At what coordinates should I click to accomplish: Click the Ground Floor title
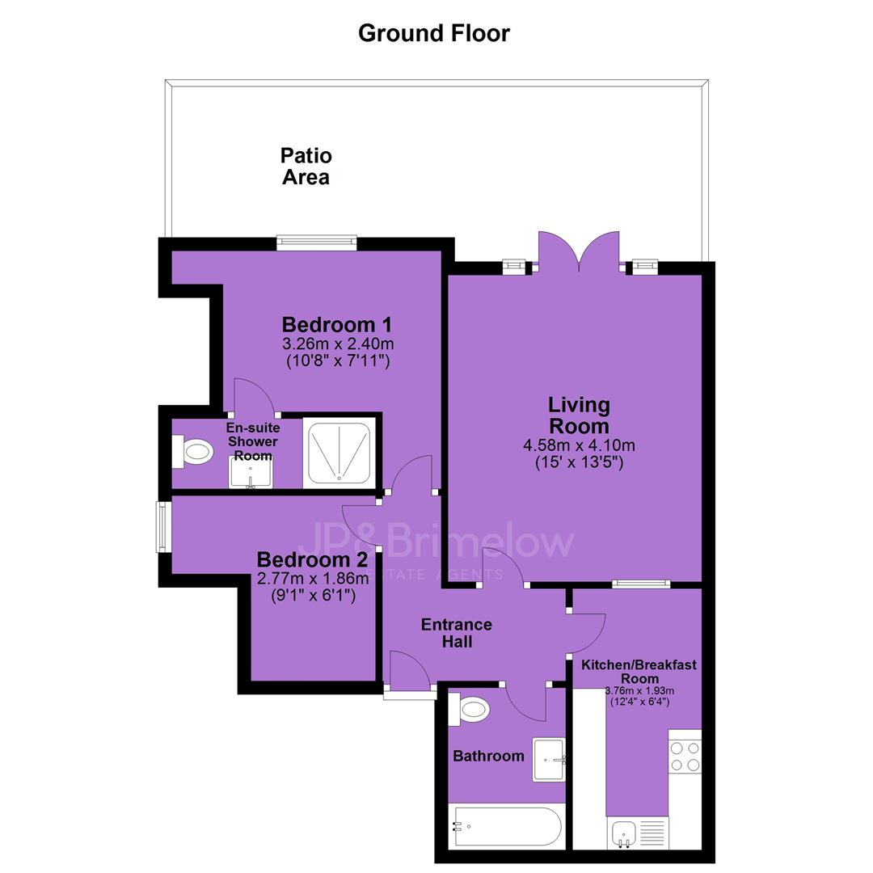pyautogui.click(x=434, y=33)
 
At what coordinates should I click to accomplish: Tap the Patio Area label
pyautogui.click(x=306, y=166)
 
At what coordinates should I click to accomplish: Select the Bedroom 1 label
pyautogui.click(x=337, y=324)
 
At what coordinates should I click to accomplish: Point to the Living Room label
pyautogui.click(x=579, y=415)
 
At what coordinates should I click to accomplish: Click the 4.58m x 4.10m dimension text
pyautogui.click(x=579, y=445)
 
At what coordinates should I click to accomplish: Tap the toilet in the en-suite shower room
pyautogui.click(x=192, y=452)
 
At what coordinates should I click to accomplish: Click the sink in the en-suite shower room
pyautogui.click(x=251, y=473)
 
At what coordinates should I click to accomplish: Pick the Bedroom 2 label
pyautogui.click(x=312, y=559)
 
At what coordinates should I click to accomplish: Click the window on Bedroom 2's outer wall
pyautogui.click(x=162, y=527)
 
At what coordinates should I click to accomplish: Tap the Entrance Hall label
pyautogui.click(x=457, y=633)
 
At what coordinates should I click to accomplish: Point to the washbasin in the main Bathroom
pyautogui.click(x=549, y=759)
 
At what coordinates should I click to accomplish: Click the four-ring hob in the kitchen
pyautogui.click(x=685, y=757)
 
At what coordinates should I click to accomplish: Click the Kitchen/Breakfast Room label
pyautogui.click(x=639, y=672)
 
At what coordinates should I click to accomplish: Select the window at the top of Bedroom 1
pyautogui.click(x=317, y=241)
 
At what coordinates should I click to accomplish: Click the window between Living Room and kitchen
pyautogui.click(x=641, y=584)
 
